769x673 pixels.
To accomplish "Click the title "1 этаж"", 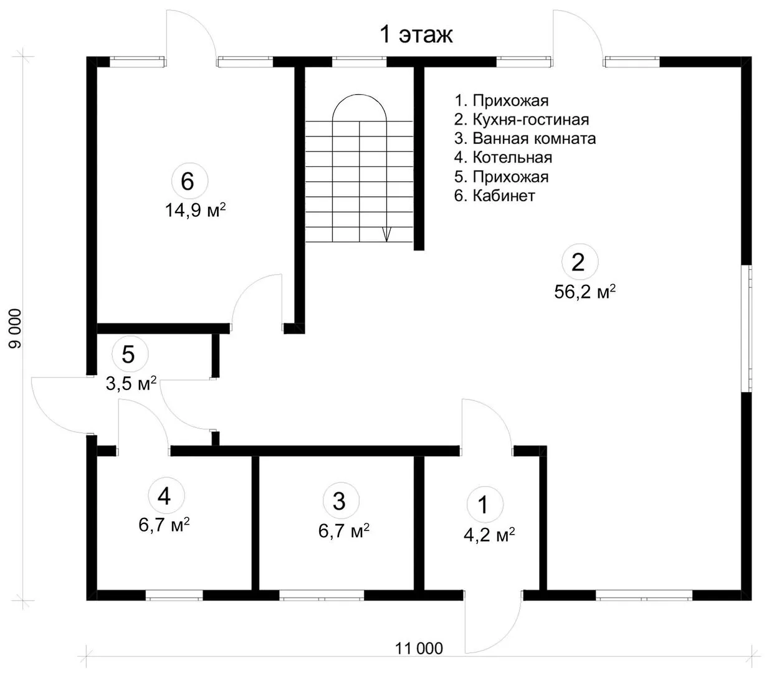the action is (416, 35).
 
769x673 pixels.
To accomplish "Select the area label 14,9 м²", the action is (196, 210).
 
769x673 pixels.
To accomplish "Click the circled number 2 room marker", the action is (580, 262).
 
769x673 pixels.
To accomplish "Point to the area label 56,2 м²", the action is (585, 291).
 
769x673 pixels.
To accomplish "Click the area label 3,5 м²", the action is (131, 383).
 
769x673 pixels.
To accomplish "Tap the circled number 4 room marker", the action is (166, 495).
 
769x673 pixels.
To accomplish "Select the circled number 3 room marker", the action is (341, 500).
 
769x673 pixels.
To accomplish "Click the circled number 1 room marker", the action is (485, 505).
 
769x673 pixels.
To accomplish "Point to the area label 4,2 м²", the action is (489, 534).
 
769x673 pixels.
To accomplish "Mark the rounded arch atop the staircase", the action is (360, 107).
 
